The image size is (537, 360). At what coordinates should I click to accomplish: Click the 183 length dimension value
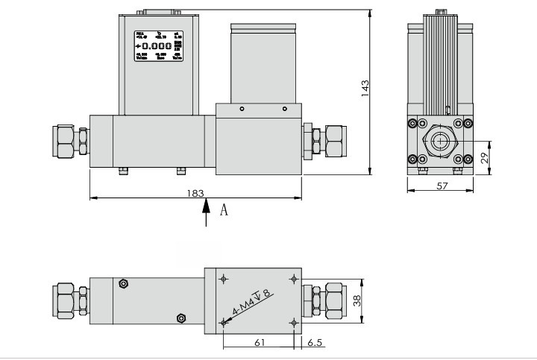pos(195,193)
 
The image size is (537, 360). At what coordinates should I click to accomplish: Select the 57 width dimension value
pos(441,186)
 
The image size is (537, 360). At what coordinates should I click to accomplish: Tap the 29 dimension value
pos(483,157)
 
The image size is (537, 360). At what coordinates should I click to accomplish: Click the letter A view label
pos(222,211)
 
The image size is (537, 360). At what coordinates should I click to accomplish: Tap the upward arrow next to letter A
pos(207,213)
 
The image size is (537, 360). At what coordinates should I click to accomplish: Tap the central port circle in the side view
pos(441,140)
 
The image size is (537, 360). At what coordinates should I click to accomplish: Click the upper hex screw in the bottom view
pos(123,283)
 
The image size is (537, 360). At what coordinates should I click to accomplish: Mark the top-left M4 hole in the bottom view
pos(223,278)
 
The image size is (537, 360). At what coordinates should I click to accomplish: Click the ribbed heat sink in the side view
pos(441,63)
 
